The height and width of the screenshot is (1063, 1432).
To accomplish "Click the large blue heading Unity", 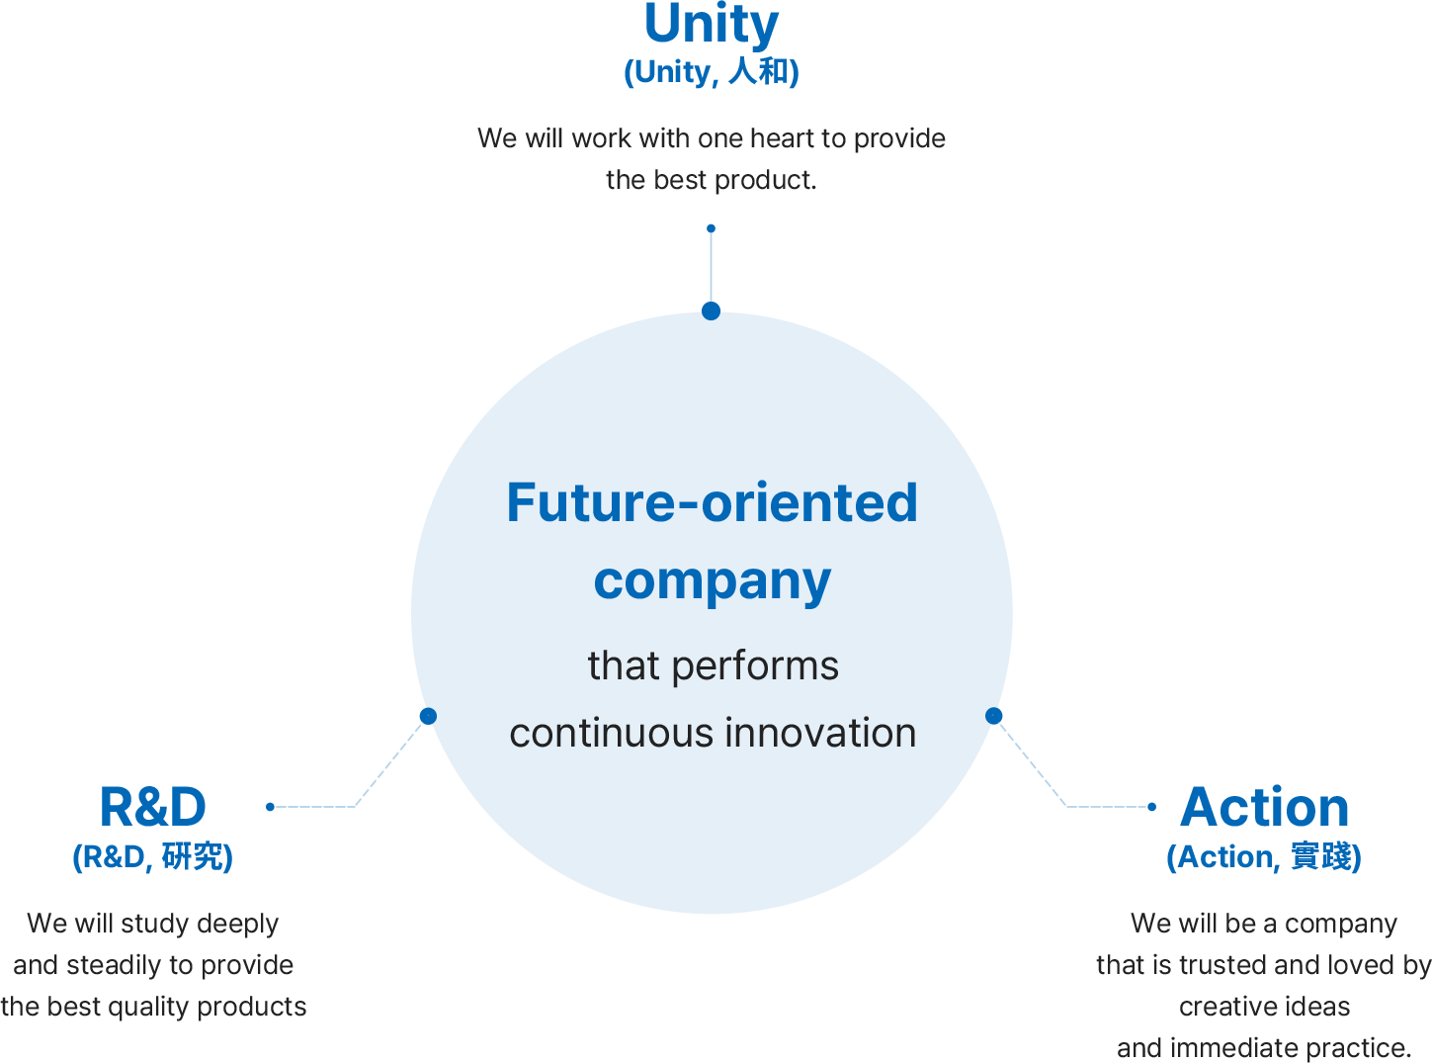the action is pos(711,25).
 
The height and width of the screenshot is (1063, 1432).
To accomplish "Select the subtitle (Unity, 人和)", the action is pos(711,72).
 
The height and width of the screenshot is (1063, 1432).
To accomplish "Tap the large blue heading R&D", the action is pos(153,807).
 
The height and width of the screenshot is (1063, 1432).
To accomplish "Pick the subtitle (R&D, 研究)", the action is pos(152,857).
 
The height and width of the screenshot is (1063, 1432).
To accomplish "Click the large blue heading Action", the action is pos(1264,807).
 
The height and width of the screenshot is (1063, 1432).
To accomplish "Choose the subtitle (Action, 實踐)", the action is pos(1263,857).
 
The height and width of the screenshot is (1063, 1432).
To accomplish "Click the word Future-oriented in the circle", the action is pos(712,502).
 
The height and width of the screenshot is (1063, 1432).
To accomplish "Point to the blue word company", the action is pos(712,581).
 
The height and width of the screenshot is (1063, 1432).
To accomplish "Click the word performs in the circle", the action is pos(755,666).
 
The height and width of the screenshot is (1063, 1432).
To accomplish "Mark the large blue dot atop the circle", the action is pos(711,310).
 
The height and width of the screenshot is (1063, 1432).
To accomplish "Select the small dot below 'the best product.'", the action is pos(711,228).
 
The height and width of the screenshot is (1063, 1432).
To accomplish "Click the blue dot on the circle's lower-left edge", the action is pos(428,716).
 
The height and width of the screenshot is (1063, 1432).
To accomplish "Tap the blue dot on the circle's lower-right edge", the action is pos(993,715).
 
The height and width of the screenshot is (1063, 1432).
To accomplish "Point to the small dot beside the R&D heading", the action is pos(270,807).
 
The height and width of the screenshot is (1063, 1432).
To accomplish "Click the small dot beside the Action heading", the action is pos(1151,807).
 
